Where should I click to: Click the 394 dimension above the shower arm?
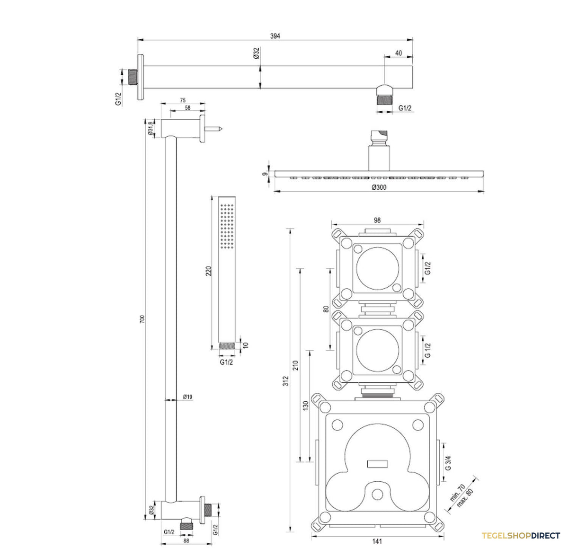275,36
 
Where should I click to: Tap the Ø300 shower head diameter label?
379,187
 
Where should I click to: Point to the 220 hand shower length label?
208,271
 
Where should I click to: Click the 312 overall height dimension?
285,381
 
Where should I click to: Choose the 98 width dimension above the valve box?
377,221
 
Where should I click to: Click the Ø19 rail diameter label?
187,397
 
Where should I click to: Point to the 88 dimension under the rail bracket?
186,540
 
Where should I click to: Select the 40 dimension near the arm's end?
398,53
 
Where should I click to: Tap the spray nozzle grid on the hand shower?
227,226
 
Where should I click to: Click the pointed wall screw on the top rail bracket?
213,128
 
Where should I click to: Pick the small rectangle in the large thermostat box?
377,464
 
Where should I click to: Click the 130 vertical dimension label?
305,406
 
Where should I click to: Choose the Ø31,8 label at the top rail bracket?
151,128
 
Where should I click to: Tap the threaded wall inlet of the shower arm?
133,77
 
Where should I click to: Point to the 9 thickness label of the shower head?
265,174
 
